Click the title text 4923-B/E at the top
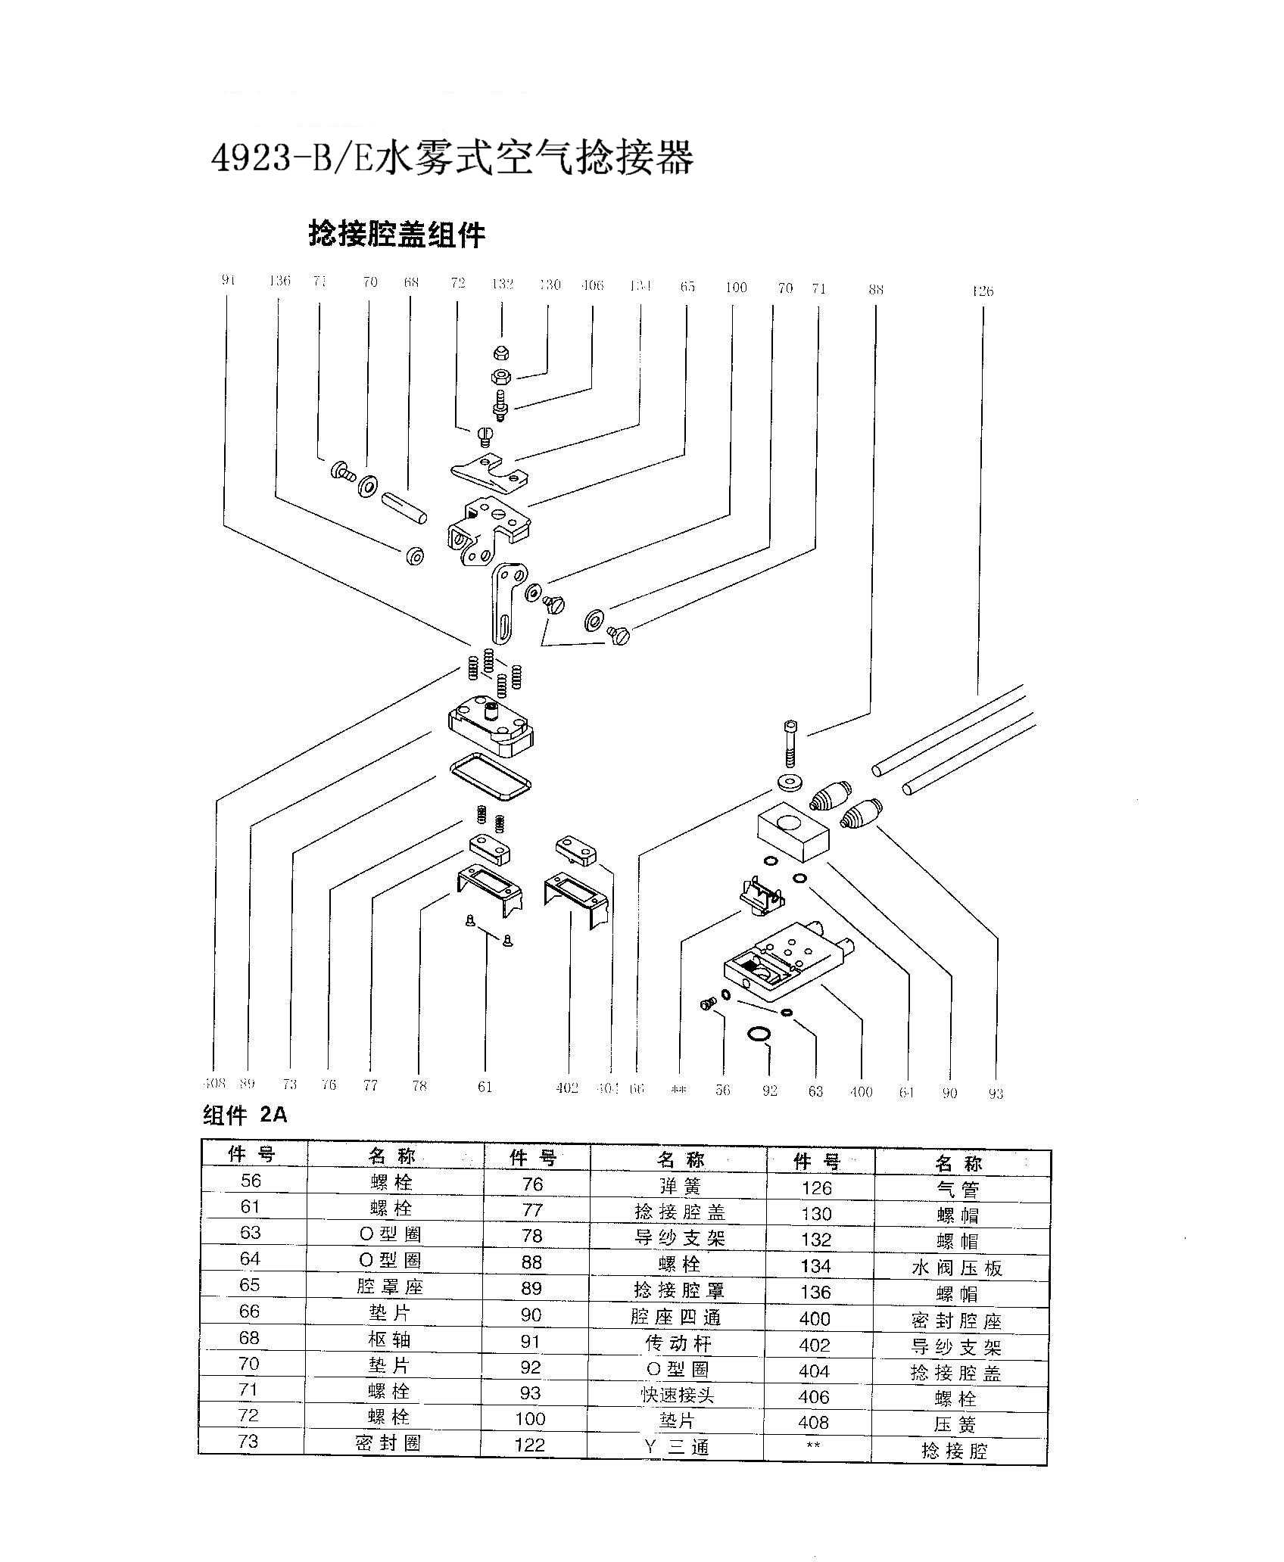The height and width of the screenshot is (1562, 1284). click(x=291, y=160)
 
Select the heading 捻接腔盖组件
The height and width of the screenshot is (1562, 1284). click(x=397, y=234)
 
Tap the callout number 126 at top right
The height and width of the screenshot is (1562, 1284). click(x=982, y=291)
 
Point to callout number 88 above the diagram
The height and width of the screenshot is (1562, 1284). click(x=875, y=289)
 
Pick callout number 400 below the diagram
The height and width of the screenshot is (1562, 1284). click(x=862, y=1091)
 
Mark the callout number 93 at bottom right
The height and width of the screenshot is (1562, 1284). click(x=996, y=1093)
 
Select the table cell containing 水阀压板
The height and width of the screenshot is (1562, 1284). click(x=957, y=1268)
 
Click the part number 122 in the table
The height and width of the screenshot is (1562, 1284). click(x=530, y=1445)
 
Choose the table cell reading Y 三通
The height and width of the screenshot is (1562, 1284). click(x=678, y=1447)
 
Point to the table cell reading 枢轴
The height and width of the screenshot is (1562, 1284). click(x=391, y=1340)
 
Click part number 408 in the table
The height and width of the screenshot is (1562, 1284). click(x=814, y=1423)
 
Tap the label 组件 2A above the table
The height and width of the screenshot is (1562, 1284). click(x=245, y=1115)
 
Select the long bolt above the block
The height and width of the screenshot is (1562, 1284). click(x=790, y=743)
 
